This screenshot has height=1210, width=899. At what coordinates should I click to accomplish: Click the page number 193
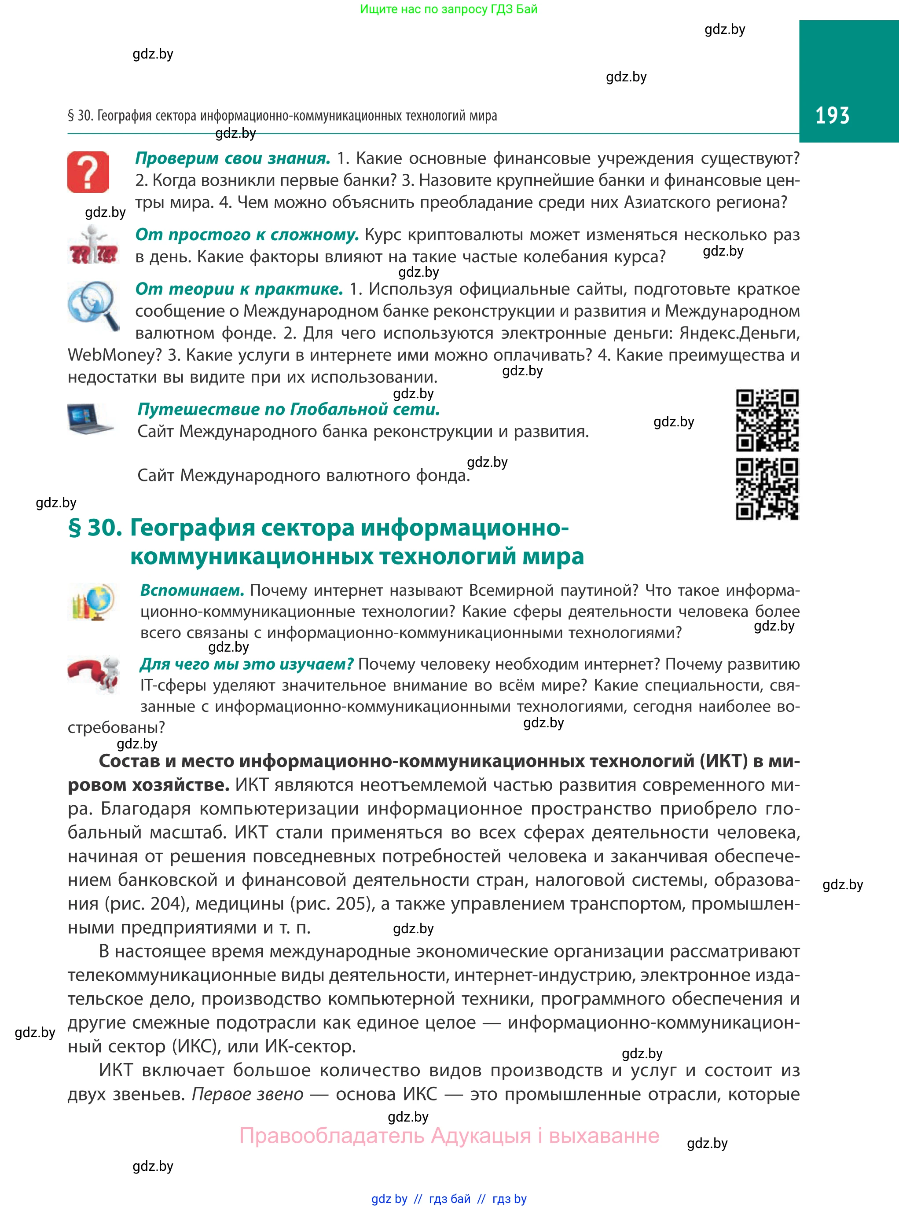[x=832, y=115]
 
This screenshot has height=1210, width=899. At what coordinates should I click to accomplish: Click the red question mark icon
[x=88, y=172]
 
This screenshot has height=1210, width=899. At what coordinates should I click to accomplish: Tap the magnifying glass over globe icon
[x=92, y=304]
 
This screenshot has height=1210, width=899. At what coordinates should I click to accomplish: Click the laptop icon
[x=90, y=419]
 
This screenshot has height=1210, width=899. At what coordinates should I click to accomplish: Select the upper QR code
[x=767, y=420]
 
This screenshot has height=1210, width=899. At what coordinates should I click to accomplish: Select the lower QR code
[x=767, y=489]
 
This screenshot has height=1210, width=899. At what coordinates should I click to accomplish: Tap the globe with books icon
[x=92, y=602]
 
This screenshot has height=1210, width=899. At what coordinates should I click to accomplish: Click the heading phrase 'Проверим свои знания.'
[x=233, y=158]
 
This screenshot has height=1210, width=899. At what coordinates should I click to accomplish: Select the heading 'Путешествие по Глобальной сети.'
[x=288, y=409]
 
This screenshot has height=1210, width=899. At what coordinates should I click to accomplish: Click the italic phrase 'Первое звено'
[x=248, y=1094]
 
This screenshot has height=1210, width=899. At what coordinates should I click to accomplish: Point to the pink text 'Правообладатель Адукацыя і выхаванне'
[x=449, y=1136]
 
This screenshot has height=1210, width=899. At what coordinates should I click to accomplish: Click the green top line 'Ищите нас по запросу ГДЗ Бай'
[x=448, y=9]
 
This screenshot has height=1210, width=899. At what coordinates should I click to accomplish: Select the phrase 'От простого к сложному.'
[x=247, y=235]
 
